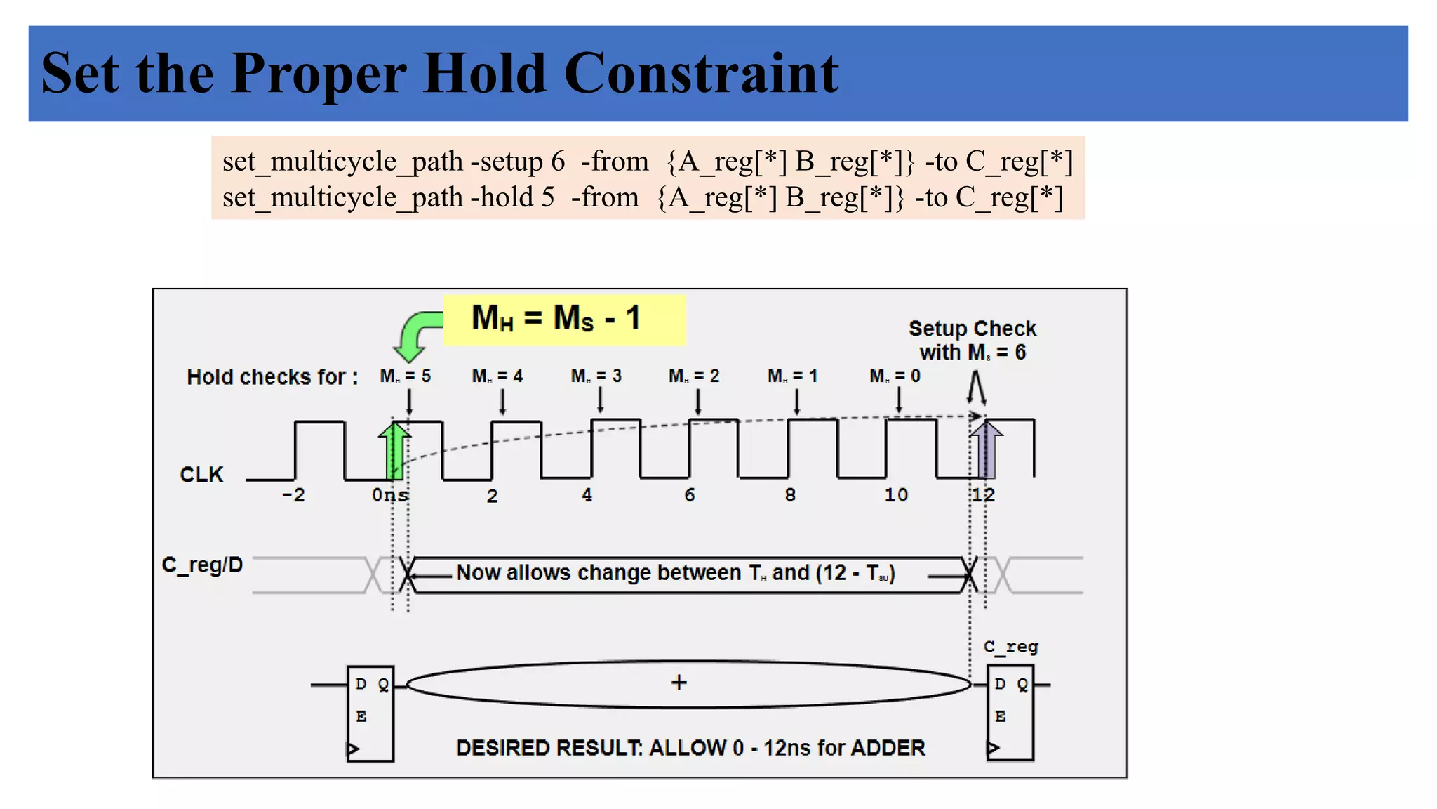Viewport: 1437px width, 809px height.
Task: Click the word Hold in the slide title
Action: click(x=484, y=73)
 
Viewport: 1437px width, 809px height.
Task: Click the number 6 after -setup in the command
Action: click(x=558, y=162)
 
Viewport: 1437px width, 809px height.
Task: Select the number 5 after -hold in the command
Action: click(x=547, y=197)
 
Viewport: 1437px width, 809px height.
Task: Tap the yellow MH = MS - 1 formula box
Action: click(x=563, y=320)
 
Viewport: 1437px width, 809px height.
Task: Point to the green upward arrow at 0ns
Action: click(x=394, y=449)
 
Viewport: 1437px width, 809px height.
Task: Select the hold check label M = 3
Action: click(x=596, y=376)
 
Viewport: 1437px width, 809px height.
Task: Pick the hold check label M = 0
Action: click(x=895, y=376)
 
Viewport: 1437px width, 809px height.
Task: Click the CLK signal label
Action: click(x=201, y=475)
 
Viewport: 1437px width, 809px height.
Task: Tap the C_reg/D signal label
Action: click(x=202, y=565)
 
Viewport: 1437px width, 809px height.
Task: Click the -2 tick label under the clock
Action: click(x=293, y=495)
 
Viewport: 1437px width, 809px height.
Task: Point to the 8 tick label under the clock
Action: click(x=790, y=495)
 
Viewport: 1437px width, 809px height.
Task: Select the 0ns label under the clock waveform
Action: click(x=390, y=495)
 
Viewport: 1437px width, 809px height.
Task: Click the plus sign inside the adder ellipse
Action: click(x=679, y=683)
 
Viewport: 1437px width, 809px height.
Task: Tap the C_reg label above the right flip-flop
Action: click(x=1010, y=647)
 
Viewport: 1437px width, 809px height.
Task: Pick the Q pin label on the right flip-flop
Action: click(x=1022, y=685)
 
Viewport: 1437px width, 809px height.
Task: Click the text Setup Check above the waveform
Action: click(x=972, y=329)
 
